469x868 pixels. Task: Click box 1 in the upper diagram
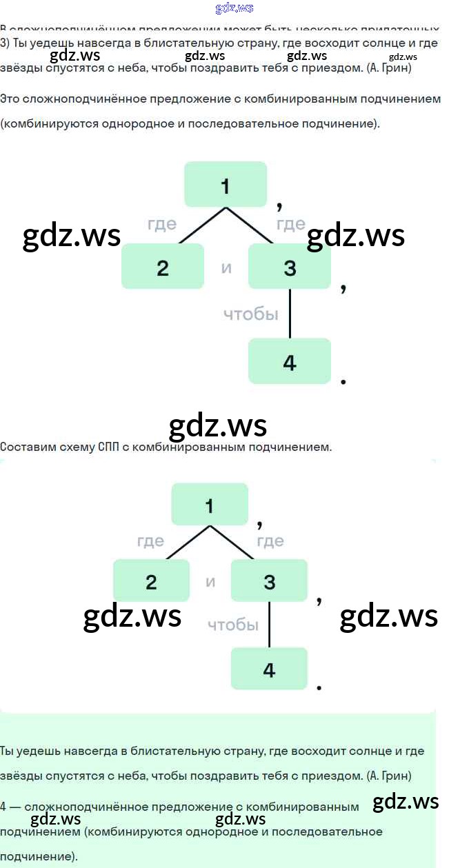coord(225,184)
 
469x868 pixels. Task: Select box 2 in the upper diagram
coord(163,266)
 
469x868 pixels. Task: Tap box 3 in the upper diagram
coord(290,266)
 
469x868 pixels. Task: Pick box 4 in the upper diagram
coord(290,361)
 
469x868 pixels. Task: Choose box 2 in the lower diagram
coord(152,581)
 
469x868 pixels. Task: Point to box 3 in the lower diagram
coord(269,581)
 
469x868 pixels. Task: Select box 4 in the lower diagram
coord(269,668)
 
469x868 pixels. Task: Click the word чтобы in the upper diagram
coord(251,314)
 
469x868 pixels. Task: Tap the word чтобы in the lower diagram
coord(233,625)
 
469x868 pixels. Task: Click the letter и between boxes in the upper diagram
coord(226,268)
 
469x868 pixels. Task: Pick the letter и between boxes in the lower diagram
coord(210,582)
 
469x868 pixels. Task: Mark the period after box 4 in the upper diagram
coord(343,381)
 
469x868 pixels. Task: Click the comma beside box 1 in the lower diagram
coord(259,524)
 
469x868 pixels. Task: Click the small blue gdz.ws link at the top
coord(234,8)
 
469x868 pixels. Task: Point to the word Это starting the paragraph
coord(10,99)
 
